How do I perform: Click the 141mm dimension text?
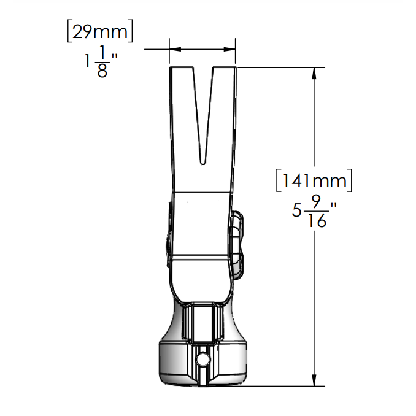314,181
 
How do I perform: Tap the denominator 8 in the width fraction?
102,71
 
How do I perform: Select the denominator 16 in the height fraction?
317,220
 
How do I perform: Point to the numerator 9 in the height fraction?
317,201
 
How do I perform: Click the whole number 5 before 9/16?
297,210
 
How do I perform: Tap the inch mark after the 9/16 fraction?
334,207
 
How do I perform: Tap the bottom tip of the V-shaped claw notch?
203,164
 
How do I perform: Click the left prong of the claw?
185,110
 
